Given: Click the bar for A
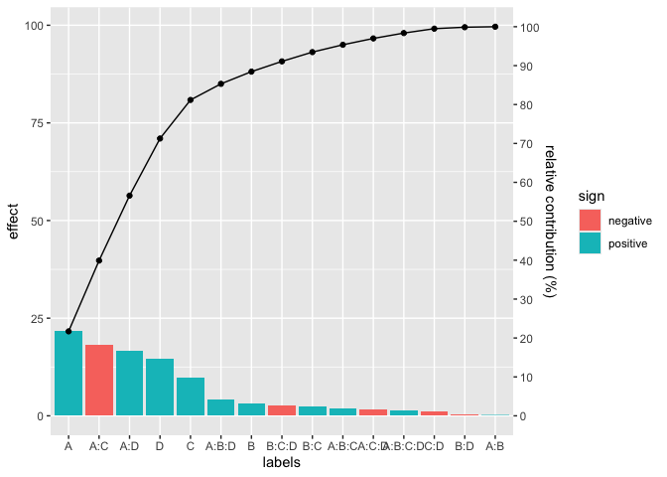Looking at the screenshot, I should click(x=68, y=373).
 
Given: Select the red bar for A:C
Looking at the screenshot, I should click(x=99, y=380).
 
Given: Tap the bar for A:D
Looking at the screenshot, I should click(x=129, y=383).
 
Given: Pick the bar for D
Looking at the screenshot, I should click(x=160, y=387).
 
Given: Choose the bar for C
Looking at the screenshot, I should click(x=191, y=397).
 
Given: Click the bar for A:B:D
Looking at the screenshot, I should click(x=220, y=407).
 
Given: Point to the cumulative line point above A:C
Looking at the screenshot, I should click(x=99, y=260).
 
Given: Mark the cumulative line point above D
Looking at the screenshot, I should click(x=160, y=138).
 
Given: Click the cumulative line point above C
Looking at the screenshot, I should click(x=191, y=99).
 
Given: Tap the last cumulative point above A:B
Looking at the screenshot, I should click(x=495, y=27).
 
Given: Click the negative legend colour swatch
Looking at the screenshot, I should click(x=590, y=221).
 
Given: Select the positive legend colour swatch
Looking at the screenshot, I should click(x=590, y=242).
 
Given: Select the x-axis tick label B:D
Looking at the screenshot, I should click(x=465, y=447).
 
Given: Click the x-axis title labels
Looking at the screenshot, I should click(x=282, y=463).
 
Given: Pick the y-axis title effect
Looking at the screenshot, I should click(x=13, y=221).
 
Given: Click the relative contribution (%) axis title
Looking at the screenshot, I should click(x=551, y=221).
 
